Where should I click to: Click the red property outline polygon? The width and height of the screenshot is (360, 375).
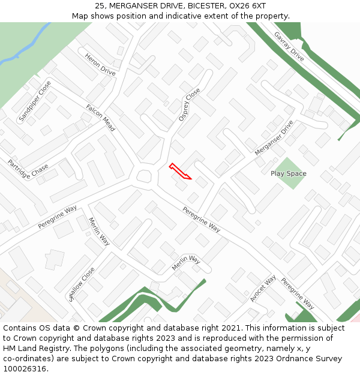[179, 171]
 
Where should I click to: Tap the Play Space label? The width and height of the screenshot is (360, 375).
[288, 173]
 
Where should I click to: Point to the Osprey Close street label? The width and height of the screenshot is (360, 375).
[190, 105]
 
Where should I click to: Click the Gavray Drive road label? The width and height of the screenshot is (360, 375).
[289, 46]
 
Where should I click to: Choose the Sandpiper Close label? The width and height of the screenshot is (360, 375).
[35, 106]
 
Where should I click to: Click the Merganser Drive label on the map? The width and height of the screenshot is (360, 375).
[274, 138]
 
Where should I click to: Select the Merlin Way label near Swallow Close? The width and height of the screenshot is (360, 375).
[99, 232]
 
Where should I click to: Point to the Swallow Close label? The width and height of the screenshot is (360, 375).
[82, 283]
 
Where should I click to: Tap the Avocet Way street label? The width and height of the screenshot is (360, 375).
[263, 288]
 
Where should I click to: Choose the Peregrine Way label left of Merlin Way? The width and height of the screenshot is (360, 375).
[58, 217]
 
